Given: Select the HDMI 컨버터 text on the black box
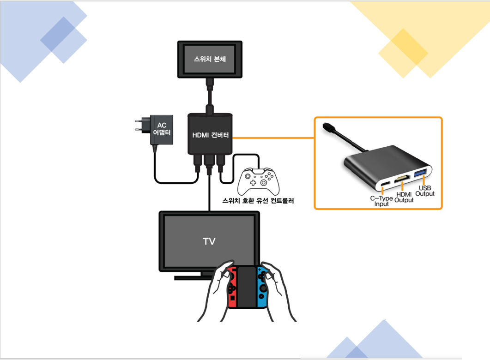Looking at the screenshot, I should tap(211, 135).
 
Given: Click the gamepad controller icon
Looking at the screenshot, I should tap(258, 181).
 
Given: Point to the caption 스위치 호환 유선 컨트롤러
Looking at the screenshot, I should tap(258, 201).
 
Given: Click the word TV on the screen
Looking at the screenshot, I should tap(209, 241).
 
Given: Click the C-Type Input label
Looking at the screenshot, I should tap(381, 201).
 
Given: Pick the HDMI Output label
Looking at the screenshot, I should tap(404, 198).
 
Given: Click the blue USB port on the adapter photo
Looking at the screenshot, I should tap(420, 174).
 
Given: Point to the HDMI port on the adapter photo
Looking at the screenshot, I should tap(403, 179).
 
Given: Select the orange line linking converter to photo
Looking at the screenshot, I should tap(272, 138).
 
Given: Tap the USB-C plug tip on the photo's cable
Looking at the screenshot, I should tap(327, 126).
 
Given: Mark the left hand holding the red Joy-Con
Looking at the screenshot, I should tap(217, 291).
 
